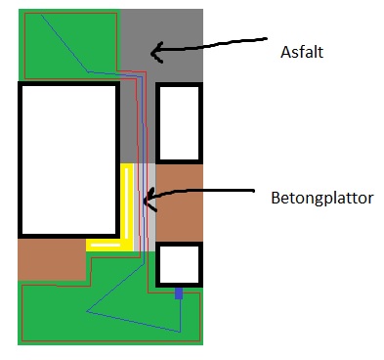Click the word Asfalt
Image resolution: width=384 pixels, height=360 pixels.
pos(302,52)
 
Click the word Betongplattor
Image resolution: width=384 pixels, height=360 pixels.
pos(322,199)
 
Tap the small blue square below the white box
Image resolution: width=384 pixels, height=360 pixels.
pos(179,293)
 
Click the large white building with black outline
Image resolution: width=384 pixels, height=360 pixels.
pos(68,159)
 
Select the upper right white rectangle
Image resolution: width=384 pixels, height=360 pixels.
pos(179,123)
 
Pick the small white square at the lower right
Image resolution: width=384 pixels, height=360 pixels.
pos(179,264)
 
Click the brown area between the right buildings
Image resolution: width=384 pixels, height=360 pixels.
pos(179,202)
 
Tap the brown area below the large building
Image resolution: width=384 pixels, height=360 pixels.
pos(52,259)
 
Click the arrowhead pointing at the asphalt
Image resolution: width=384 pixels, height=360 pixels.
pos(155,52)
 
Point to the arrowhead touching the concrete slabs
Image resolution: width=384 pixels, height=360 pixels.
pos(149,200)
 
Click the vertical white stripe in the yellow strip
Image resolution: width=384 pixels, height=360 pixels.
pos(127,204)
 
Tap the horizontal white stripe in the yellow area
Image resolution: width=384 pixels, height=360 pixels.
pos(106,245)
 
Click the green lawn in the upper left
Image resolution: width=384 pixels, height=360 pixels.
pos(70,44)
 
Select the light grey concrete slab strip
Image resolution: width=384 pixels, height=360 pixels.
pos(145,207)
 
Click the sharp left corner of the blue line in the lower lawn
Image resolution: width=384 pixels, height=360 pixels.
pos(87,311)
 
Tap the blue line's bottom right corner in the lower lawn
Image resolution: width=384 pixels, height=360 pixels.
pos(180,332)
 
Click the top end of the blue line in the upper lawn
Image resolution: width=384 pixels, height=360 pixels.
pos(41,15)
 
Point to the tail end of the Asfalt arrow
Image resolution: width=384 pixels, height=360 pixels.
pos(266,38)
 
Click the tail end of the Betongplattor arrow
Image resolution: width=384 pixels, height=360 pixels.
pos(253,191)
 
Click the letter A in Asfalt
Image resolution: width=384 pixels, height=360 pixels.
pos(285,52)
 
